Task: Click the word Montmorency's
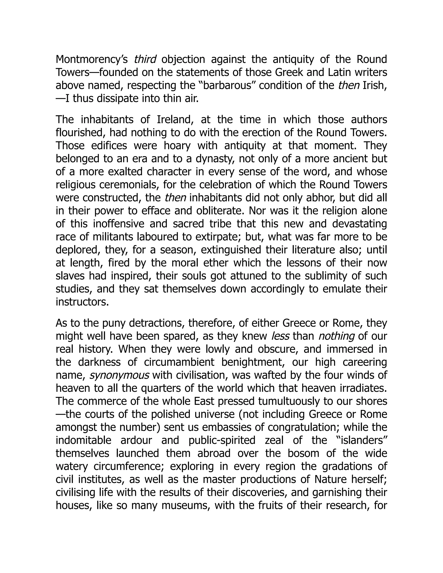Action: (x=91, y=59)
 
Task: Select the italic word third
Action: (x=145, y=59)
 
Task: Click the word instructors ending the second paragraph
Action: (x=82, y=302)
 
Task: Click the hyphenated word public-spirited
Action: (x=222, y=440)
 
